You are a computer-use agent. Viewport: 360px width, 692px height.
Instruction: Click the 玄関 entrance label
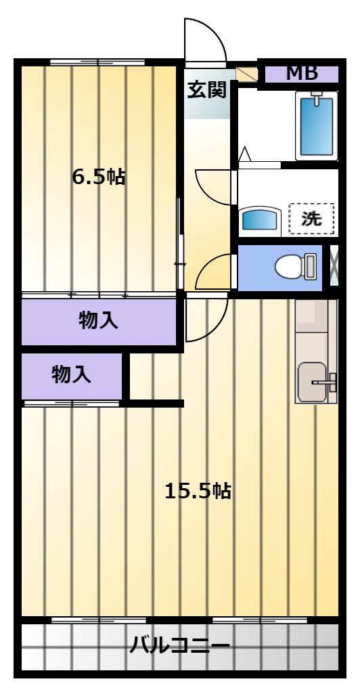click(x=207, y=90)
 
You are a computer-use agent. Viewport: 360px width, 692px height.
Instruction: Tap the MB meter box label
click(x=302, y=73)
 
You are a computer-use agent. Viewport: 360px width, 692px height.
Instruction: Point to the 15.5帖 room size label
click(x=198, y=490)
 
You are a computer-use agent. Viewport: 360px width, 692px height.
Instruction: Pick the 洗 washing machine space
click(x=311, y=219)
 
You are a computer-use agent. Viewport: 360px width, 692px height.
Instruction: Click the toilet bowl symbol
click(x=296, y=267)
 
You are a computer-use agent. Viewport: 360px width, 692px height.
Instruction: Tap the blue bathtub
click(x=317, y=126)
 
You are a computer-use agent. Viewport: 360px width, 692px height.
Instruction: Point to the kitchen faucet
click(x=325, y=382)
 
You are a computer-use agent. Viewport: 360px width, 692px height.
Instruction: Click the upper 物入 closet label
click(x=98, y=321)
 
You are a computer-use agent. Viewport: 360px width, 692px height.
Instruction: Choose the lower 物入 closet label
click(x=72, y=375)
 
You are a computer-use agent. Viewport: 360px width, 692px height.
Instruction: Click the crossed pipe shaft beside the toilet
click(x=334, y=265)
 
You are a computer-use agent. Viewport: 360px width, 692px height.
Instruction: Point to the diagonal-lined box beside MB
click(x=246, y=74)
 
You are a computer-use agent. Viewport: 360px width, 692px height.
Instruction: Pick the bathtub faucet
click(x=317, y=99)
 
